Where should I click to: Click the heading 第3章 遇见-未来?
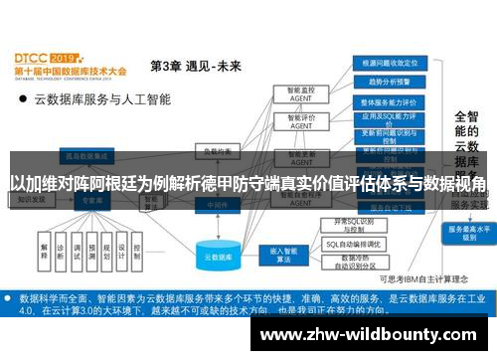[x=195, y=67]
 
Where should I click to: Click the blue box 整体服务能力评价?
[x=395, y=102]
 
